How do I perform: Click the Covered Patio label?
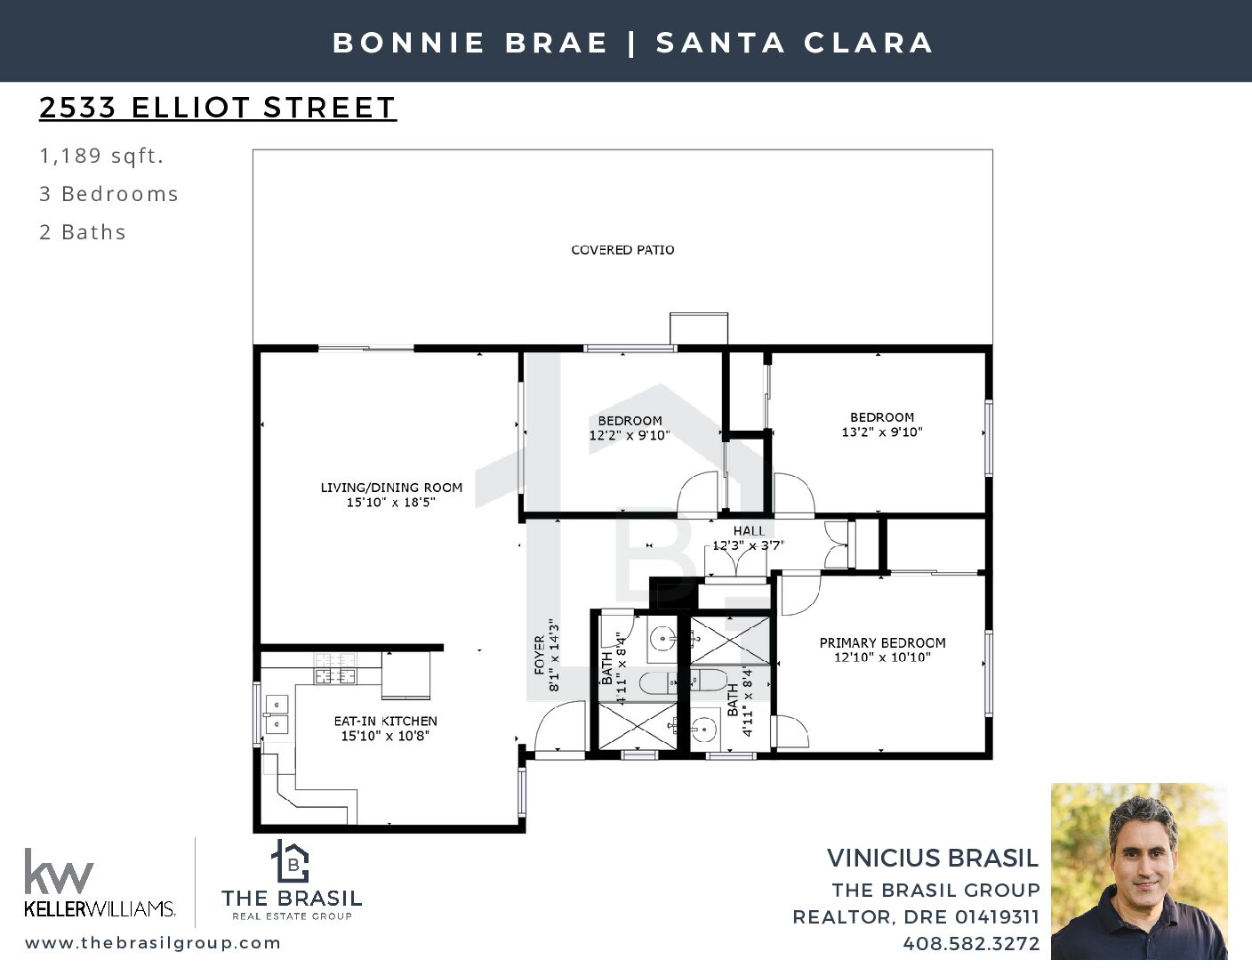point(622,250)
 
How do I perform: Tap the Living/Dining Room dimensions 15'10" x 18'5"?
point(390,502)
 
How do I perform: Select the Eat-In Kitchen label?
point(385,721)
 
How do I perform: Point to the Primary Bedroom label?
point(882,642)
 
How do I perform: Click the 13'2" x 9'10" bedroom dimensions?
point(882,432)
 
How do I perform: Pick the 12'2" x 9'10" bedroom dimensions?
point(630,435)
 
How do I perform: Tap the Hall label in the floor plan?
point(749,530)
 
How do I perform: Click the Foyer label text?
point(539,655)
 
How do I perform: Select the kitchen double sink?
point(277,714)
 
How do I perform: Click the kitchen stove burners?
point(334,669)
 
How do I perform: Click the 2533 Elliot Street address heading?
point(218,108)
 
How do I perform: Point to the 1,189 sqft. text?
point(101,156)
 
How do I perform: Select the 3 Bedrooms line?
point(108,194)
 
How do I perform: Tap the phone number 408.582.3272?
point(971,943)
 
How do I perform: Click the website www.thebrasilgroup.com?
point(153,942)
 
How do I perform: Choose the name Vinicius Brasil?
point(933,859)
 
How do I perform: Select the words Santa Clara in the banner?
point(795,43)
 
